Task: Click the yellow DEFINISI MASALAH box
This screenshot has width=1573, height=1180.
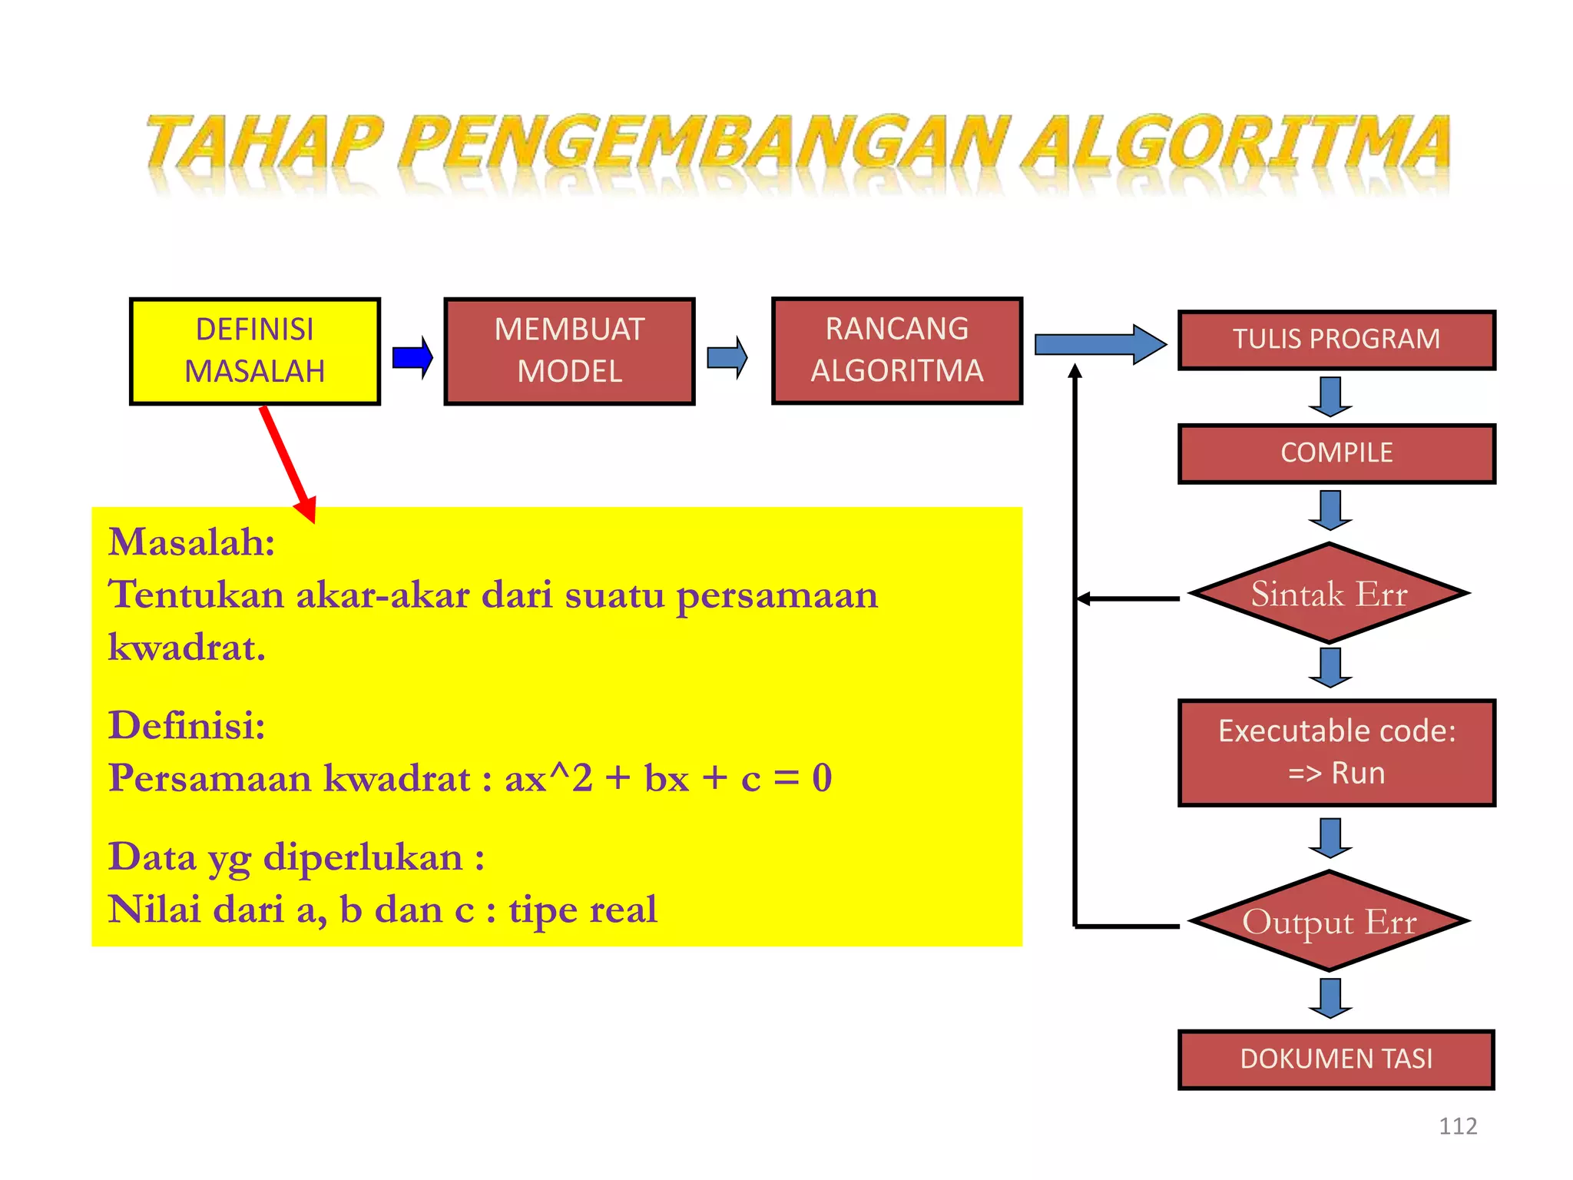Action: click(x=254, y=351)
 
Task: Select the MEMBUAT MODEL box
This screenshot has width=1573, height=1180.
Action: click(x=569, y=351)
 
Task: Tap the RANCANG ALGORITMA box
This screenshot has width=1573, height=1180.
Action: click(x=896, y=350)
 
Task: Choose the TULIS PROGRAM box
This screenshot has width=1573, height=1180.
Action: click(x=1336, y=340)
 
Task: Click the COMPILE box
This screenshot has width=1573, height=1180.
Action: click(x=1336, y=453)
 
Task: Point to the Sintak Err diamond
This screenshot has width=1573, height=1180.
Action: click(x=1329, y=594)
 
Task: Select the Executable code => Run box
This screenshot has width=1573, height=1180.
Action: click(x=1336, y=752)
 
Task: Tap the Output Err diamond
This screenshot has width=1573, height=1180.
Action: click(x=1329, y=921)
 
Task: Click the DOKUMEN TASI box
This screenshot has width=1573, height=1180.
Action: click(x=1336, y=1059)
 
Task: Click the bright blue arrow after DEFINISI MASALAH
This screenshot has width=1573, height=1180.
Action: click(x=412, y=357)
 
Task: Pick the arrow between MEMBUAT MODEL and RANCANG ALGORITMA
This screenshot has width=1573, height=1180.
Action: click(x=727, y=357)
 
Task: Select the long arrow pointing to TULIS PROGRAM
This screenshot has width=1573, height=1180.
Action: click(x=1100, y=344)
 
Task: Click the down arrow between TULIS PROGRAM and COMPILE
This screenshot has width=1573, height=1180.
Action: click(x=1330, y=396)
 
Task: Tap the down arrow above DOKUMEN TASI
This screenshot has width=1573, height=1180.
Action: click(x=1330, y=998)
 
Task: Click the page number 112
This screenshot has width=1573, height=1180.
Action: click(x=1457, y=1126)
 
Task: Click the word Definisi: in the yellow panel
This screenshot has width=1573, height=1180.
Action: click(x=187, y=725)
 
